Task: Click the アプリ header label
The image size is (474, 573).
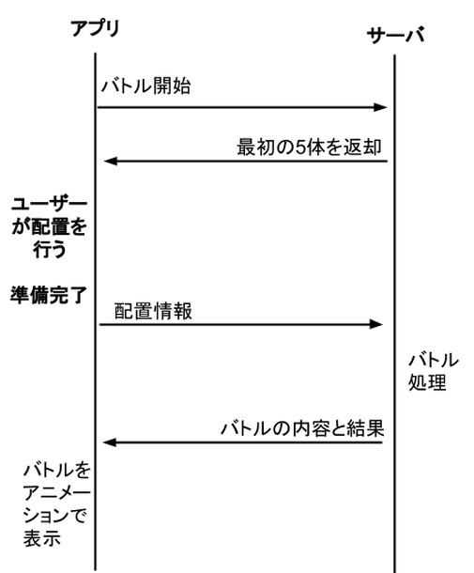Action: click(x=96, y=28)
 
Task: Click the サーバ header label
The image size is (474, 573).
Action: click(x=395, y=36)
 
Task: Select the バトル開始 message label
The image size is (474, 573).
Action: click(x=145, y=86)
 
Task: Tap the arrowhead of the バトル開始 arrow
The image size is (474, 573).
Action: click(x=380, y=107)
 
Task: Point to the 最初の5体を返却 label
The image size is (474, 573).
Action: click(x=309, y=147)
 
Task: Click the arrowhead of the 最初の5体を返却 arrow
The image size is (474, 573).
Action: click(x=111, y=161)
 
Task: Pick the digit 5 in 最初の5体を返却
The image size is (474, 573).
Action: click(x=300, y=147)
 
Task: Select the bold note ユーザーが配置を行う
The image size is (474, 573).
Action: click(x=50, y=227)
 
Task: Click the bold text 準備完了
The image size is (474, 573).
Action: click(x=49, y=295)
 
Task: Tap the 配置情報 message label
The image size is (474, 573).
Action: click(x=153, y=311)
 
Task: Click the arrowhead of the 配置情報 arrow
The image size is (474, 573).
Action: click(x=375, y=324)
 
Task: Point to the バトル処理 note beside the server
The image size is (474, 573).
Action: click(x=433, y=371)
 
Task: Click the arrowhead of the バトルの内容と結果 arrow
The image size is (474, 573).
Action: click(x=110, y=442)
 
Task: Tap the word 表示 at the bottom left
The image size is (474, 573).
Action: click(x=42, y=538)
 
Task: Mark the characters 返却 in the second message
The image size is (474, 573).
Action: click(x=362, y=147)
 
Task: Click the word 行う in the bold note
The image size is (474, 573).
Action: click(x=50, y=249)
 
